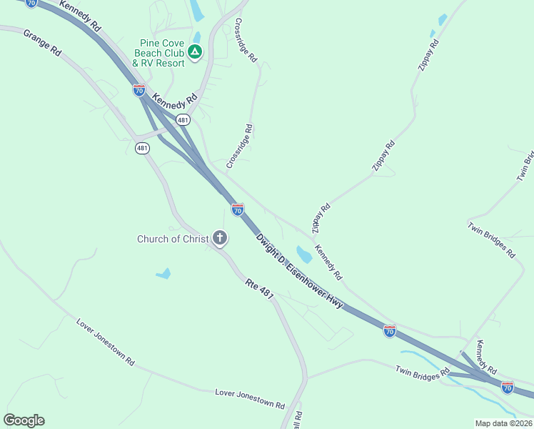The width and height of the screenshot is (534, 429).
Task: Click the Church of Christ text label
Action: (x=173, y=239)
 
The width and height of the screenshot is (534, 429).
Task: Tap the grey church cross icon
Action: (x=220, y=238)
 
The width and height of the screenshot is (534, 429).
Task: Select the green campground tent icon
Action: (x=195, y=51)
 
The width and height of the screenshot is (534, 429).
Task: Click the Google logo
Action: (x=24, y=420)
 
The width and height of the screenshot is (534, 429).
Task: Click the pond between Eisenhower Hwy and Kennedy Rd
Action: (x=303, y=254)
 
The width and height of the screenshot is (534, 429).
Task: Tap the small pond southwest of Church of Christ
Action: (x=163, y=273)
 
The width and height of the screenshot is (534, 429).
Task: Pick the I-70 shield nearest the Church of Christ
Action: (x=238, y=209)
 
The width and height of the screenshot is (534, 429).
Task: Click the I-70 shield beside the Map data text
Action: (x=507, y=388)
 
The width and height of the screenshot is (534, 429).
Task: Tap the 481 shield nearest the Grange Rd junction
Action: (x=142, y=148)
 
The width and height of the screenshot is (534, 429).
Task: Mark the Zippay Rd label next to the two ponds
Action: (x=429, y=54)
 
